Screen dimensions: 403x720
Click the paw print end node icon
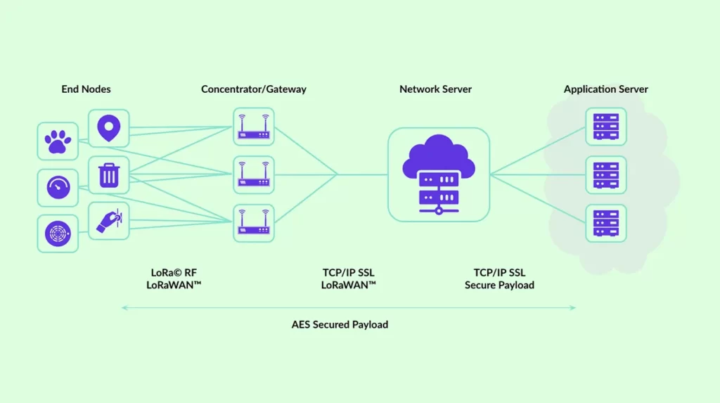(x=58, y=141)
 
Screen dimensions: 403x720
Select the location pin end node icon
(x=108, y=129)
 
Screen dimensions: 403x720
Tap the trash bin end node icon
(x=108, y=175)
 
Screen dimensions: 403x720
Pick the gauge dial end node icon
(x=58, y=187)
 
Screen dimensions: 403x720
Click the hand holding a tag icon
(x=108, y=221)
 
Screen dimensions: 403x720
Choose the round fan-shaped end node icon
(x=58, y=234)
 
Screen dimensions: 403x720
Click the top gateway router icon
(x=253, y=127)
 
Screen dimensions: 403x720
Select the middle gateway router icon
(x=253, y=174)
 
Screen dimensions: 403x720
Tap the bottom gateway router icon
(x=253, y=222)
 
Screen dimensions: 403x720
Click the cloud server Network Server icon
(x=438, y=174)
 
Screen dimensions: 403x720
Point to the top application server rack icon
(x=605, y=127)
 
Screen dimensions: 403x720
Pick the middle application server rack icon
(x=605, y=174)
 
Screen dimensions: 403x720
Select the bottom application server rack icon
(x=605, y=222)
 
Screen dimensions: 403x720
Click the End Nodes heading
(x=86, y=89)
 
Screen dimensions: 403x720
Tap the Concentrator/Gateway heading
(x=254, y=89)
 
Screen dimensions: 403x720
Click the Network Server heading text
(x=435, y=89)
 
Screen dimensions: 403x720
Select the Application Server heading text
(x=605, y=89)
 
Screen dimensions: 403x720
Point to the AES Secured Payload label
(x=340, y=324)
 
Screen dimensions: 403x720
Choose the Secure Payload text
(x=499, y=285)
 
